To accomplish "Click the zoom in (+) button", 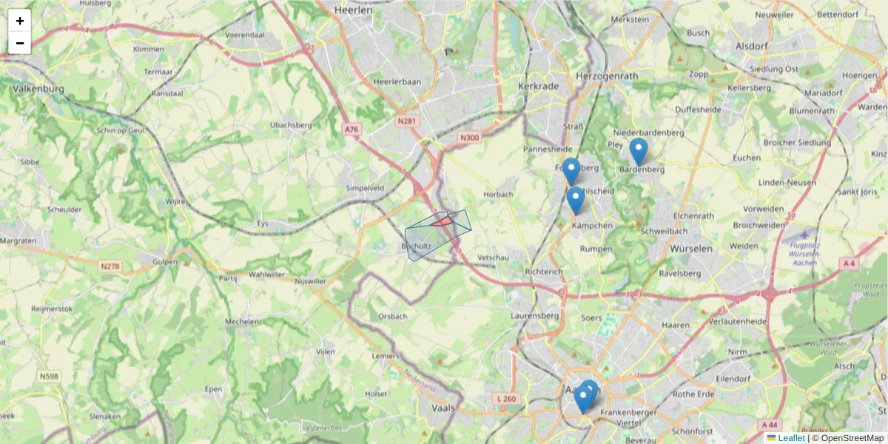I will (20, 21).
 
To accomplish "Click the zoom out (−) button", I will (20, 43).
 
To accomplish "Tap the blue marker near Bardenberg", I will (638, 152).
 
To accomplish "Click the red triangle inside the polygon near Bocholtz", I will (443, 221).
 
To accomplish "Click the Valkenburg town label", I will (38, 89).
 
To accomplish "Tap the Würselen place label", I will (690, 249).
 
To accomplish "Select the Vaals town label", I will (445, 407).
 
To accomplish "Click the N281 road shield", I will (407, 121).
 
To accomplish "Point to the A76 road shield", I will (351, 129).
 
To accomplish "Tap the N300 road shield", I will (469, 137).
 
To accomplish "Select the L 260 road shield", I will (508, 399).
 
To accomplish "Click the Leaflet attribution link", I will (791, 438).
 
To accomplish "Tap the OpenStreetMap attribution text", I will (852, 438).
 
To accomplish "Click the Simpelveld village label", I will (365, 189).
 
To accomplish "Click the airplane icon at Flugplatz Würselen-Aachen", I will (804, 235).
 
